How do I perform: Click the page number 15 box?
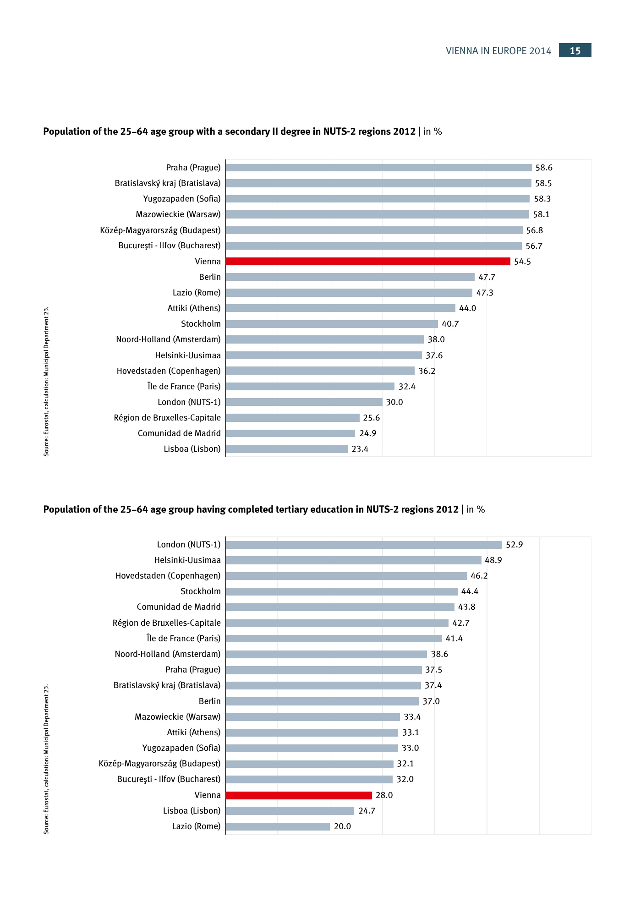(x=575, y=50)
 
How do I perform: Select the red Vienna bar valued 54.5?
(x=367, y=261)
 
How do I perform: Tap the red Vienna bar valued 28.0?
(x=299, y=795)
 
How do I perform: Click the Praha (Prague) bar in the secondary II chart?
(x=378, y=168)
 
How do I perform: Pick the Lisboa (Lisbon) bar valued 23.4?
(x=287, y=449)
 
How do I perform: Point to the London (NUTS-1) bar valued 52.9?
(x=363, y=545)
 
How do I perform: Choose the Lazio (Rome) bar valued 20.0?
(x=278, y=826)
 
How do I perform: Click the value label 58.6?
(x=544, y=168)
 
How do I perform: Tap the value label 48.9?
(x=493, y=560)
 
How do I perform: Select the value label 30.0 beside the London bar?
(x=394, y=402)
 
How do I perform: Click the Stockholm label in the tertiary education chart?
(x=200, y=591)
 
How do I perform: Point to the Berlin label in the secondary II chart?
(x=210, y=277)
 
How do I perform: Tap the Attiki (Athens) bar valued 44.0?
(x=340, y=308)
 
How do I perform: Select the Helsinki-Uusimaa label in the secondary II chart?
(x=187, y=355)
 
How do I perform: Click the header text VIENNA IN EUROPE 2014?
(x=498, y=51)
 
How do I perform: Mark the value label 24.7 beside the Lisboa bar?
(x=367, y=811)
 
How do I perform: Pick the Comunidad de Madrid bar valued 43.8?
(x=340, y=607)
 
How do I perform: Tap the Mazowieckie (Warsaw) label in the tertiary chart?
(x=177, y=717)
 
